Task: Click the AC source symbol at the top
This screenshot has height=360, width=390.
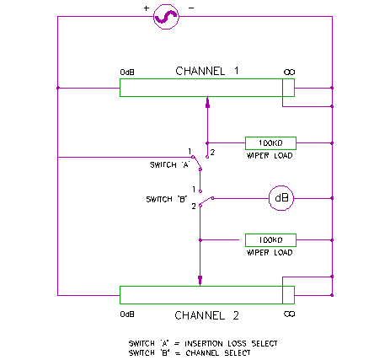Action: click(166, 17)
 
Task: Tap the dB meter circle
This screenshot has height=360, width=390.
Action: click(281, 198)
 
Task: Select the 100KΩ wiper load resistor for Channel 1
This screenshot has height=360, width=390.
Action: click(270, 143)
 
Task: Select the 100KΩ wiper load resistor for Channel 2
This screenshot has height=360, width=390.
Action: click(270, 240)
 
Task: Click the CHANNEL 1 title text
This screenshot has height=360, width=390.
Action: click(207, 71)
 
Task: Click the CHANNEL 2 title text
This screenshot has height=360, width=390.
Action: click(207, 315)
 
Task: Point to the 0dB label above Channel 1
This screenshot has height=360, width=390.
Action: click(127, 73)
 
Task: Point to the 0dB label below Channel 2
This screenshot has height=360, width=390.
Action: click(127, 314)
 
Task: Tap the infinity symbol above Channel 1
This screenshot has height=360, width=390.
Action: click(289, 73)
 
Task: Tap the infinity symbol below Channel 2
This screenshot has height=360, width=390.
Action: click(289, 314)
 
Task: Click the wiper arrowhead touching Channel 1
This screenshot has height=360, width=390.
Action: click(207, 102)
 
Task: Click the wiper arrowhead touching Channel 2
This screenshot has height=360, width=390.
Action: click(200, 281)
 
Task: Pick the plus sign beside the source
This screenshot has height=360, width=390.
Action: click(146, 8)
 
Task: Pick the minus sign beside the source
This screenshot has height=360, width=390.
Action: click(191, 8)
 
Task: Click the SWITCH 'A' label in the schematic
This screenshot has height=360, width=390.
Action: click(170, 164)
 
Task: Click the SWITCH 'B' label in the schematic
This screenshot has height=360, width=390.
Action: click(167, 199)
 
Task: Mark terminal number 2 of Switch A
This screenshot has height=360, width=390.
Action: click(212, 153)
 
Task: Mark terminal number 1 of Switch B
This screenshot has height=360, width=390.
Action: click(194, 190)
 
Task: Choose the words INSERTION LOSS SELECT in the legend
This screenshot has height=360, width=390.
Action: click(231, 343)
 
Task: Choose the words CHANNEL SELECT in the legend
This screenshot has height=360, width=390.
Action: click(218, 353)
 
